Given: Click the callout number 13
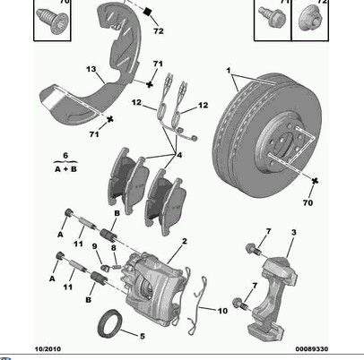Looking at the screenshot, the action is [x=91, y=69].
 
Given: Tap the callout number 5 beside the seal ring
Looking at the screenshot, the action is [x=143, y=336].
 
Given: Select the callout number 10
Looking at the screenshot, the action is [x=222, y=311].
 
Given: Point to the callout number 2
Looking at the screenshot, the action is [x=185, y=241].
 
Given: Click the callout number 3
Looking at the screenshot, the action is [x=294, y=232].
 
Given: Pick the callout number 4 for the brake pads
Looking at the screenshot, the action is [x=179, y=155].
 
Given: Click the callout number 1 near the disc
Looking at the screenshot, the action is [x=229, y=71].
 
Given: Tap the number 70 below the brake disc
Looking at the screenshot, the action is [x=308, y=202].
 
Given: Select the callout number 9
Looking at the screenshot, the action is [x=95, y=246].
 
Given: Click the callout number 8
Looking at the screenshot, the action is [x=114, y=248].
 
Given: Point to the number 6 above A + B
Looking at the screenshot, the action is [x=65, y=156].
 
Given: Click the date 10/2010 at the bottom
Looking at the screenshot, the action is [x=48, y=349].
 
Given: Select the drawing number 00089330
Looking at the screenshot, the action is [x=312, y=349].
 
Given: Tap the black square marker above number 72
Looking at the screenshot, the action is [x=147, y=12].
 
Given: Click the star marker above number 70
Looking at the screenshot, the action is [x=315, y=181].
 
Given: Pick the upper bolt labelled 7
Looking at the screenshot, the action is [x=253, y=249].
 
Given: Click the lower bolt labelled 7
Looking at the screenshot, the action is [x=239, y=304].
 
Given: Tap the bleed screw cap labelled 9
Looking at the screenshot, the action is [x=105, y=268].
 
